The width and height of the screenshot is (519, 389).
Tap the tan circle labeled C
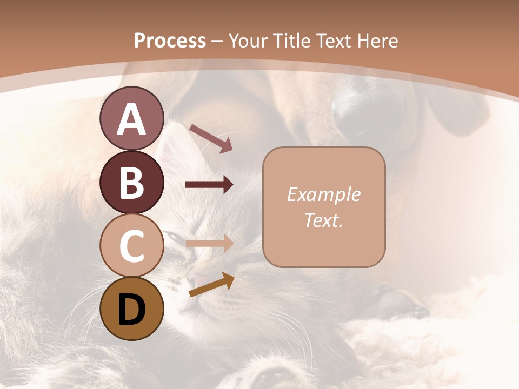click(x=131, y=245)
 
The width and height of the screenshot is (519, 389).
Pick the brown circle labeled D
click(x=131, y=308)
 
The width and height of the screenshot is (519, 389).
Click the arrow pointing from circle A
click(x=210, y=138)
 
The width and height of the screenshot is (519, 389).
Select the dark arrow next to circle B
click(x=209, y=185)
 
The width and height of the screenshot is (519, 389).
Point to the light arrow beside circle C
click(x=209, y=244)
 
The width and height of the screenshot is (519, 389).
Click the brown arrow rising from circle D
click(x=211, y=285)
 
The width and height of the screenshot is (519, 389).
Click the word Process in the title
click(x=170, y=41)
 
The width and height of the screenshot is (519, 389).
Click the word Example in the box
click(x=323, y=194)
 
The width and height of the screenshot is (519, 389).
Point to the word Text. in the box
click(x=323, y=220)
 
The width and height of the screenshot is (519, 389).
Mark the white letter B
click(x=131, y=182)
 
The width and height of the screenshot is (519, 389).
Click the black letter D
click(x=131, y=309)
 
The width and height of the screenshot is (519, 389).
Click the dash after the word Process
click(x=217, y=41)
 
